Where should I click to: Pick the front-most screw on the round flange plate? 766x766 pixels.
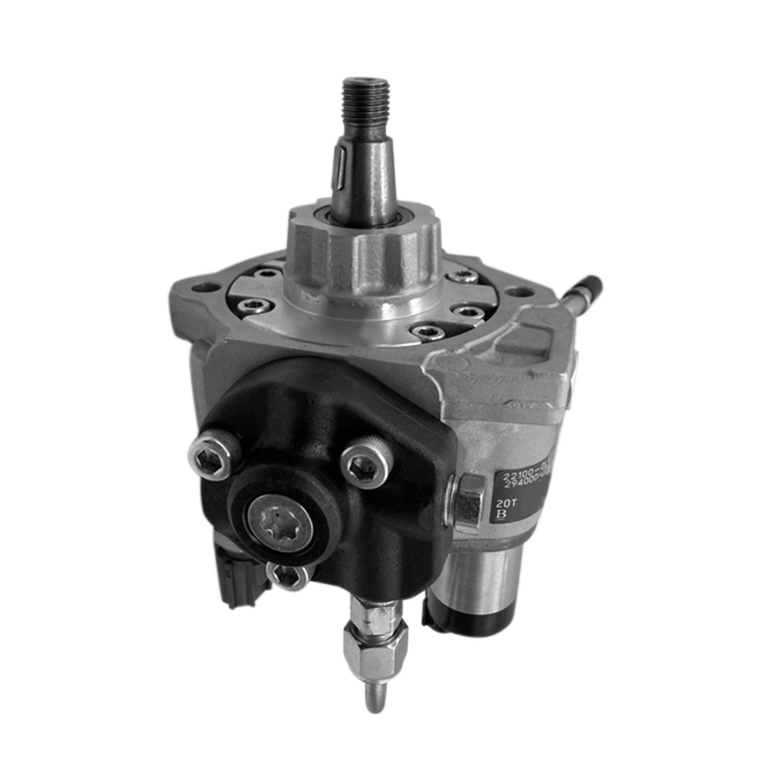421,331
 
